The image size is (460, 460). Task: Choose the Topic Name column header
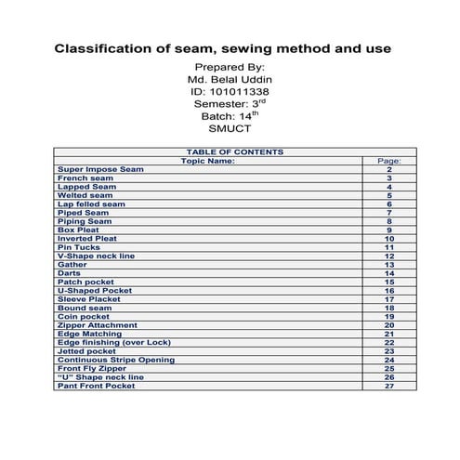(x=207, y=161)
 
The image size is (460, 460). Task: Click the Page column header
(x=389, y=161)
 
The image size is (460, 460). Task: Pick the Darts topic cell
(x=69, y=273)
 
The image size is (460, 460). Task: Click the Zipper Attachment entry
(x=97, y=325)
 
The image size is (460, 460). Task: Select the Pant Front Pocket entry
(x=96, y=386)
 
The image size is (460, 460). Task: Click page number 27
(x=389, y=386)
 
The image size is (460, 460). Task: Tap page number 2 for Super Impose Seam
(x=389, y=170)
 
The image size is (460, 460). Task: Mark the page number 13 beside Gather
(x=389, y=265)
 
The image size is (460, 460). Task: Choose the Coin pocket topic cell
(x=83, y=316)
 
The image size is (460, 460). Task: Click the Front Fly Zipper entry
(x=92, y=368)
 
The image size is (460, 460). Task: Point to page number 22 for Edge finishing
(x=389, y=342)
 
